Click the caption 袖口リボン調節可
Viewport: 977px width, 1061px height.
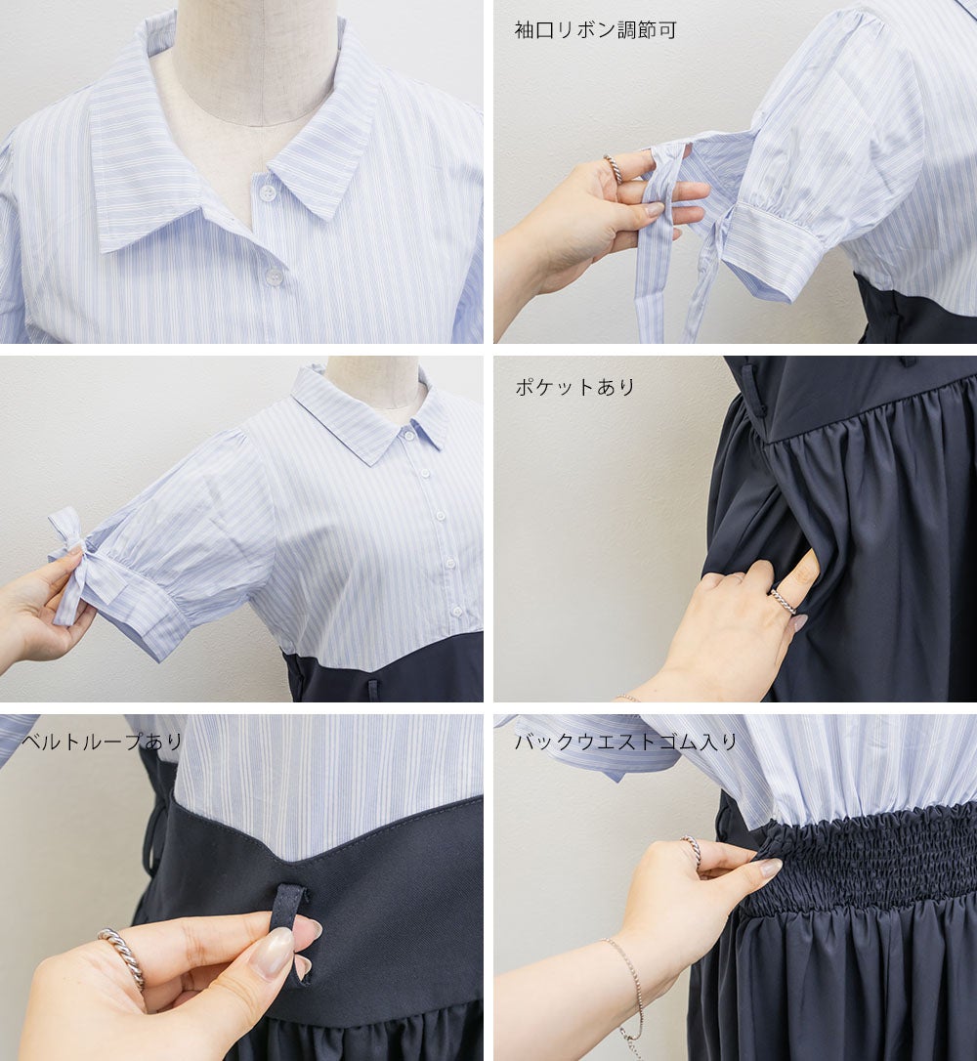pos(595,30)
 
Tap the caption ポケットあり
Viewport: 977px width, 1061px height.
pos(575,387)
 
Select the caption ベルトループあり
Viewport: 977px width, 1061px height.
pos(103,742)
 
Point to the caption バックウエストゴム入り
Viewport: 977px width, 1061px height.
pos(626,742)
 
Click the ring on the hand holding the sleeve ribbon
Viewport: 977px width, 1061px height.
pos(613,167)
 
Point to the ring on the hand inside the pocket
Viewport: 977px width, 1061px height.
pos(782,601)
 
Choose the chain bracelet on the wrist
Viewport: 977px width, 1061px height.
pos(627,988)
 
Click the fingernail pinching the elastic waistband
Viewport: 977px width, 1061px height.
pos(770,868)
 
